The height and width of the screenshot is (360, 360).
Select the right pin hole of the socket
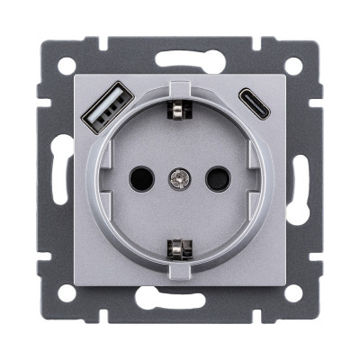[217, 179]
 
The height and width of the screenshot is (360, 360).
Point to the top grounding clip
[178, 109]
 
